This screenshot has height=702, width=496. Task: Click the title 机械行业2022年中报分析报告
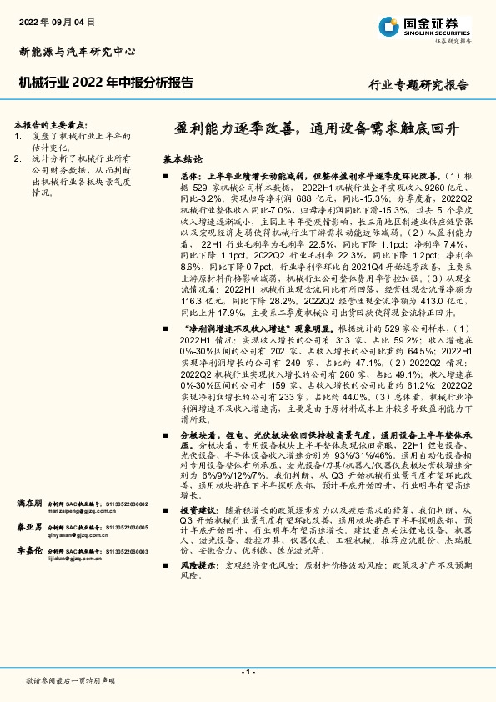click(106, 83)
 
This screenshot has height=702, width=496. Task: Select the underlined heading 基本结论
click(182, 158)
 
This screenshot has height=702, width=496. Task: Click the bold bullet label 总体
click(190, 177)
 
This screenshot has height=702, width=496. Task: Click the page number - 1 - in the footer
click(248, 672)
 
